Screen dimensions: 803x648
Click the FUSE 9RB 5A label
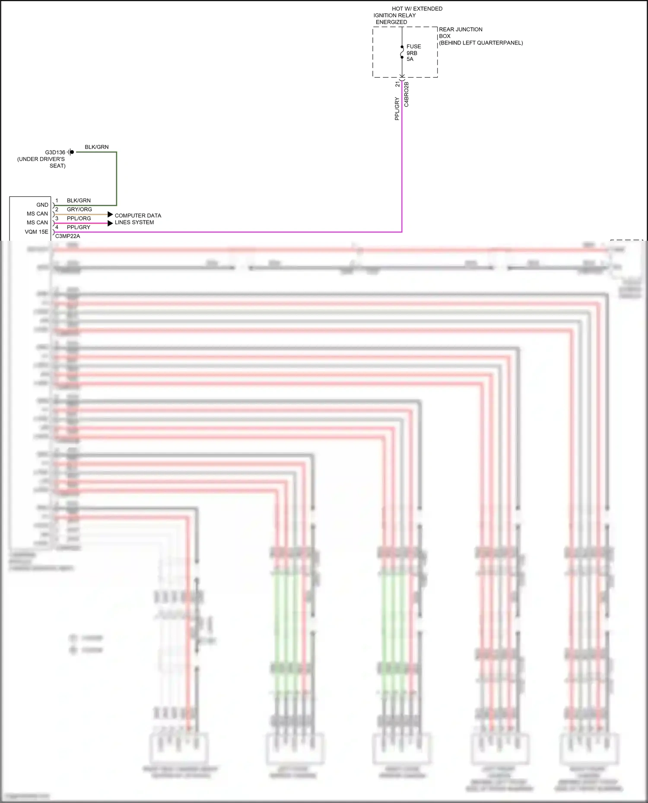413,53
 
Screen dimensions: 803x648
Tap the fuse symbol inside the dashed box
402,52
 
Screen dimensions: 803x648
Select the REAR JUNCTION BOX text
460,33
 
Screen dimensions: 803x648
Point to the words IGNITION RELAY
394,16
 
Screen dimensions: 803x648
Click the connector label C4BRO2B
407,94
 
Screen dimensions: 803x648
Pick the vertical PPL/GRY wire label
397,109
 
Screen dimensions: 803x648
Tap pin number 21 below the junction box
397,84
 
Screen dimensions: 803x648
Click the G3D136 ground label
55,152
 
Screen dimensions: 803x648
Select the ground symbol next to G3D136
71,152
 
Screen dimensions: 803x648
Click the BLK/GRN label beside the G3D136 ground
97,147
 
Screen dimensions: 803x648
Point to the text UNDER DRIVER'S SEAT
41,162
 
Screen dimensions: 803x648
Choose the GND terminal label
42,205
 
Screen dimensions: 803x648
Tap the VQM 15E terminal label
37,232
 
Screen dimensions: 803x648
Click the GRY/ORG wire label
79,209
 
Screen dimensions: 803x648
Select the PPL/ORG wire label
79,218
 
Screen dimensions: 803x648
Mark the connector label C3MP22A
68,236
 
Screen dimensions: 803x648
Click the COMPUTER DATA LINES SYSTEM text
137,219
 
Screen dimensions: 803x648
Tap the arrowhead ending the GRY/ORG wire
110,214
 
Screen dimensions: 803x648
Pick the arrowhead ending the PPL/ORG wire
110,223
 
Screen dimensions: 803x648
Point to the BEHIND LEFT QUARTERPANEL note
481,43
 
